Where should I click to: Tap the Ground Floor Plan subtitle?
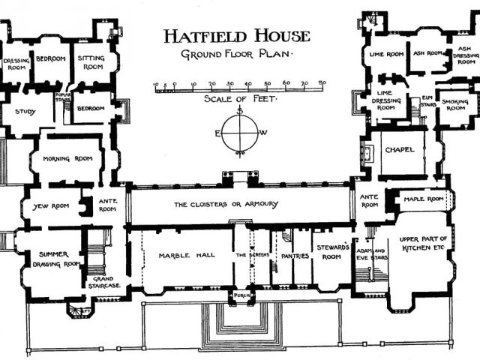coord(237,55)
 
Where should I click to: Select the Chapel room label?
coord(399,150)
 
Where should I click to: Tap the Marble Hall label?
coord(187,256)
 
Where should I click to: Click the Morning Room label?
coord(67,158)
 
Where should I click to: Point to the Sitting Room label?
coord(94,61)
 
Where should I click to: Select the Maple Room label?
coord(425,199)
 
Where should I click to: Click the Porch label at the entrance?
coord(241,293)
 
